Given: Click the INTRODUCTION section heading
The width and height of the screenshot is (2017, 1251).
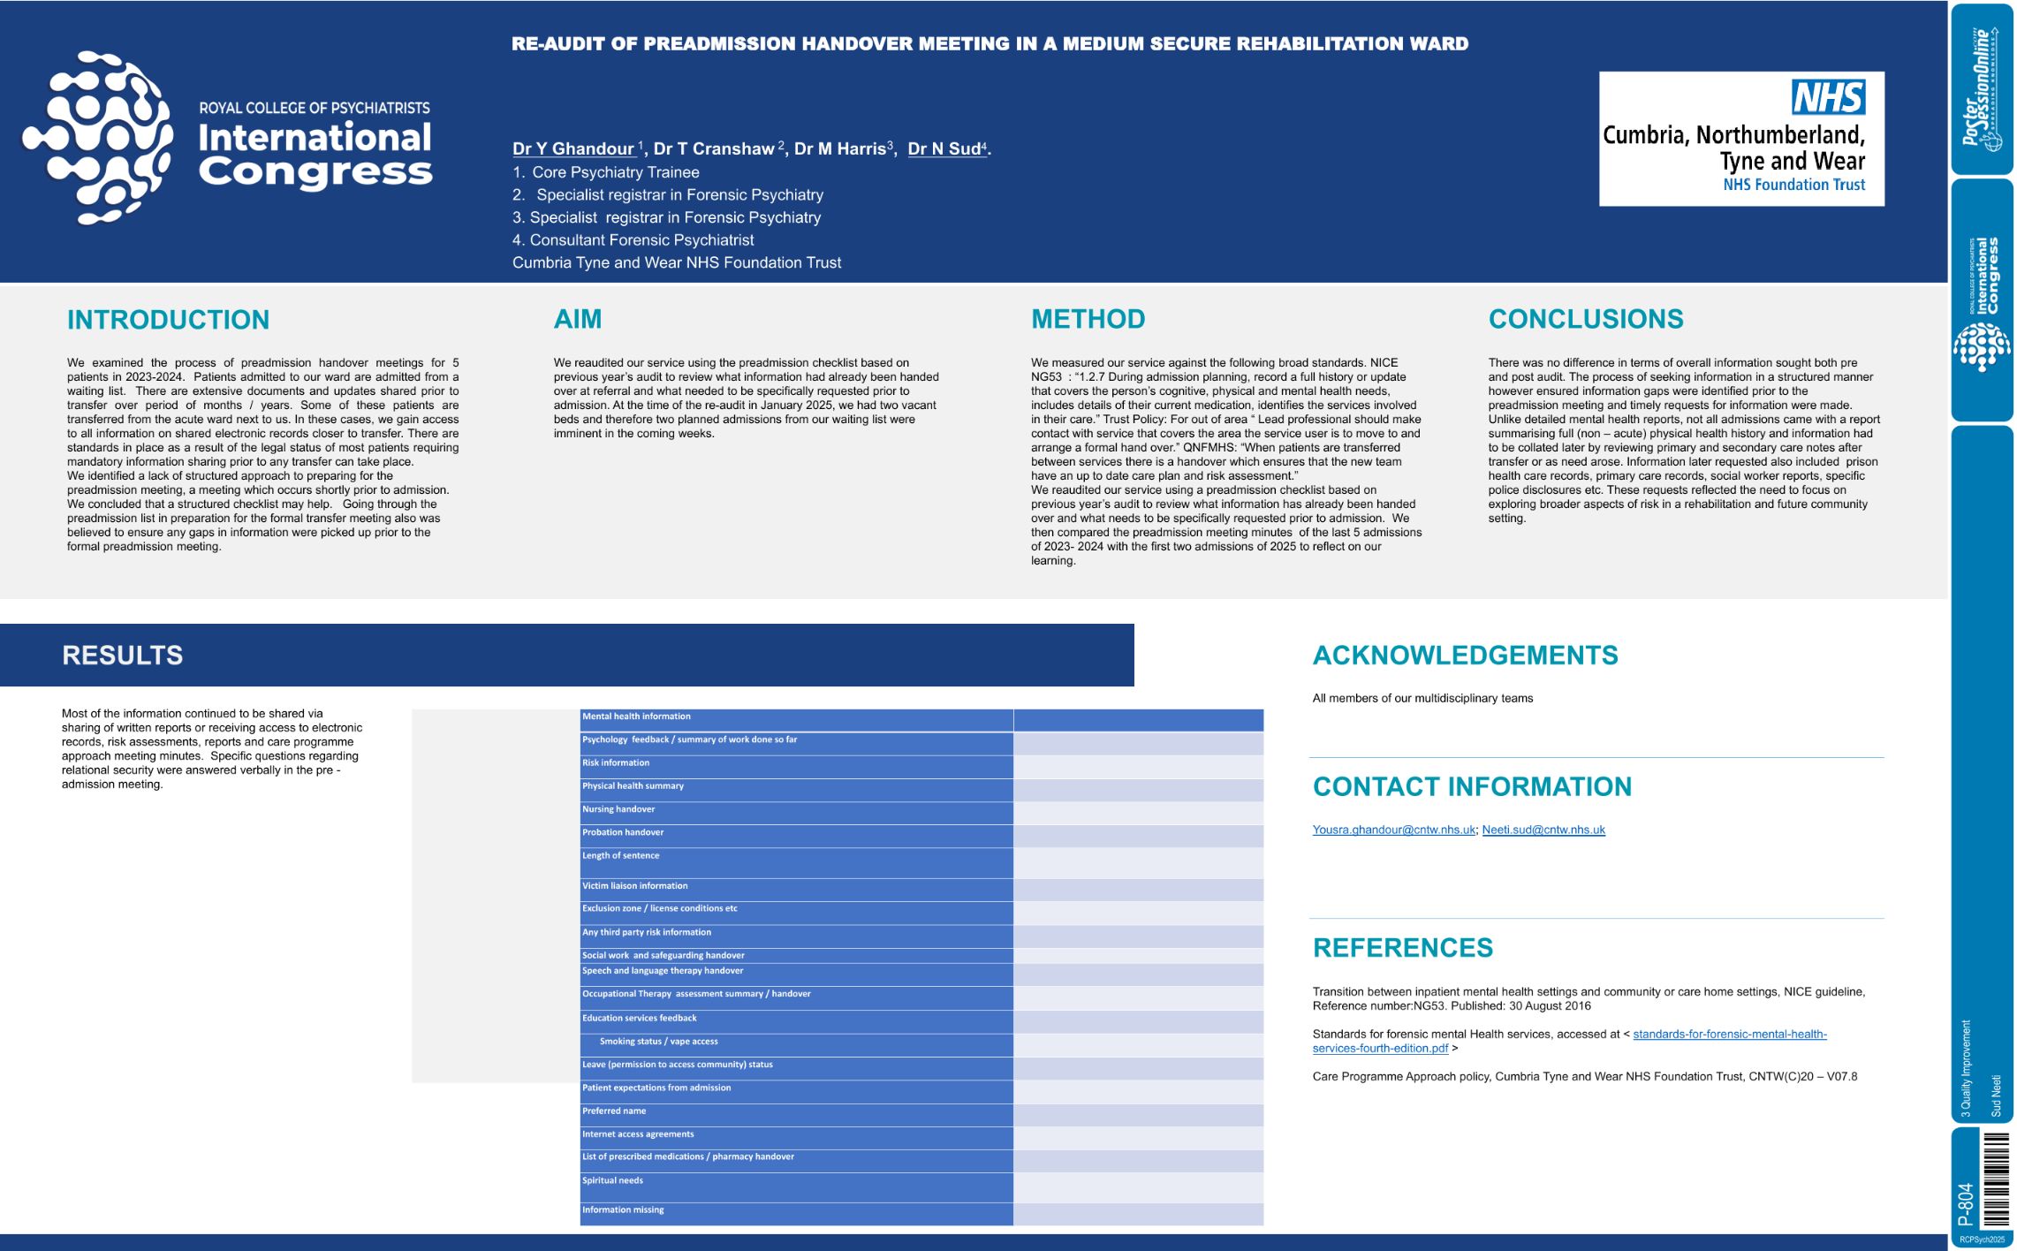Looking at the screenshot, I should tap(168, 320).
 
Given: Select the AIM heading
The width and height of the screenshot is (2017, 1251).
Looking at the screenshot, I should tap(577, 319).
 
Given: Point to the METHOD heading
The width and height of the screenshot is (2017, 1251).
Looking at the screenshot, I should tap(1088, 319).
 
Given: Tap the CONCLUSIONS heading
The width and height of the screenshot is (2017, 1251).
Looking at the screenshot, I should tap(1585, 319).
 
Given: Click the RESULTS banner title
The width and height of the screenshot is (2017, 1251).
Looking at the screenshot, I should tap(123, 656).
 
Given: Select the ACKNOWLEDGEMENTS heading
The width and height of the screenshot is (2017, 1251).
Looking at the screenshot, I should tap(1465, 656).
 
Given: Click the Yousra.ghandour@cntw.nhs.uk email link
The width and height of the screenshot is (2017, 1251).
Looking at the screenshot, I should tap(1393, 830).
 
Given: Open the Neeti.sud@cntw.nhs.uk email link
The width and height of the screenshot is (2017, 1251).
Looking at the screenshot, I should tap(1543, 830).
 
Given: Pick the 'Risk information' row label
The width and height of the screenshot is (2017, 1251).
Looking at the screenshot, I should tap(616, 763).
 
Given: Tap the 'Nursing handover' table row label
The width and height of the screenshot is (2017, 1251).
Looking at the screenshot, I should tap(618, 809).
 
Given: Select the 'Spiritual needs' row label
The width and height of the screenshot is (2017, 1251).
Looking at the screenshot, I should tap(612, 1180).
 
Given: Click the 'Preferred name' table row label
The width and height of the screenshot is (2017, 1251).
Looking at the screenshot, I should tap(614, 1111).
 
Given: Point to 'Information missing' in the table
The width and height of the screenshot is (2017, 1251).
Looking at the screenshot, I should tap(623, 1210).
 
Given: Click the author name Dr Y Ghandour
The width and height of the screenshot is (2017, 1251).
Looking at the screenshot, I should tap(573, 149).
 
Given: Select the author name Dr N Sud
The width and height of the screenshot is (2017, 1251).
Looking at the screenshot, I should tap(944, 149).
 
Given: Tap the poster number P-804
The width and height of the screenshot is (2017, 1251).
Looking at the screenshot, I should tap(1965, 1204).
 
